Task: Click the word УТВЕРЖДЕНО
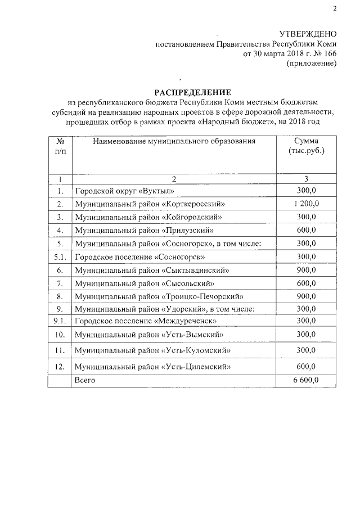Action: click(308, 34)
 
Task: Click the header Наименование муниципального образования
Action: click(174, 141)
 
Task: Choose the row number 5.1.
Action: click(60, 256)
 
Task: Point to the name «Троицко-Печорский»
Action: click(202, 296)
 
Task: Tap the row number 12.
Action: click(60, 367)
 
